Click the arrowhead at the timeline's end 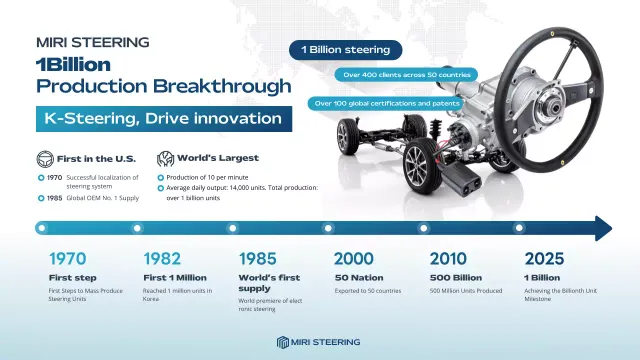point(603,228)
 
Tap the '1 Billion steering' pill point(345,50)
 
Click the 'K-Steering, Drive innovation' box point(164,119)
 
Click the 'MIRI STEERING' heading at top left point(92,42)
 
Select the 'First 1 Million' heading point(176,277)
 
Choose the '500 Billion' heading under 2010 point(457,277)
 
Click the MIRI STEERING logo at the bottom point(320,342)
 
